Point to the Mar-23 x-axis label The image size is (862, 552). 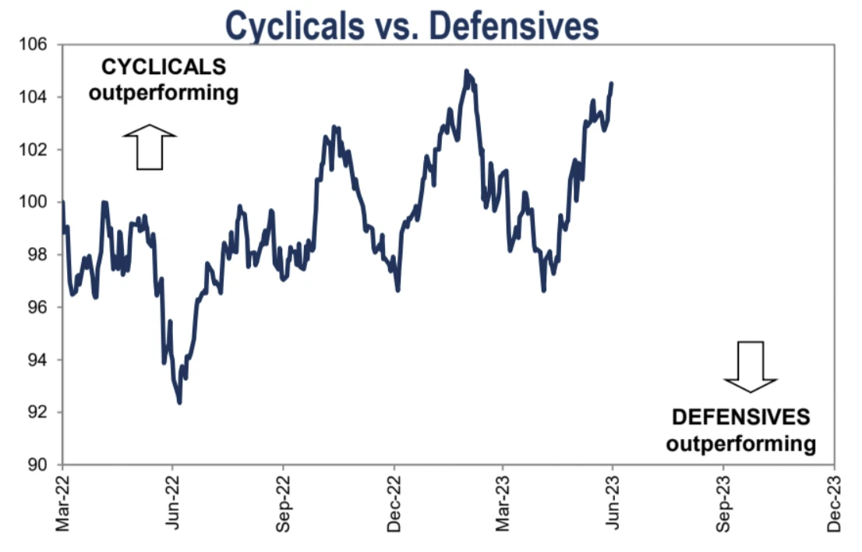[x=503, y=504]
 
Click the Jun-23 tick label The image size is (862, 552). [x=613, y=504]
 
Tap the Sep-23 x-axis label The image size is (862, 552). [x=724, y=504]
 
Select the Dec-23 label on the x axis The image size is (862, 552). [x=835, y=504]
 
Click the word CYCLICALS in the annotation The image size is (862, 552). [x=163, y=68]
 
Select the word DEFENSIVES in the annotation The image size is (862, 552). [x=740, y=417]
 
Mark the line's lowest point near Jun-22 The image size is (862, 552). [x=179, y=402]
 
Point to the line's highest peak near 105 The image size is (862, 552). [x=466, y=71]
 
